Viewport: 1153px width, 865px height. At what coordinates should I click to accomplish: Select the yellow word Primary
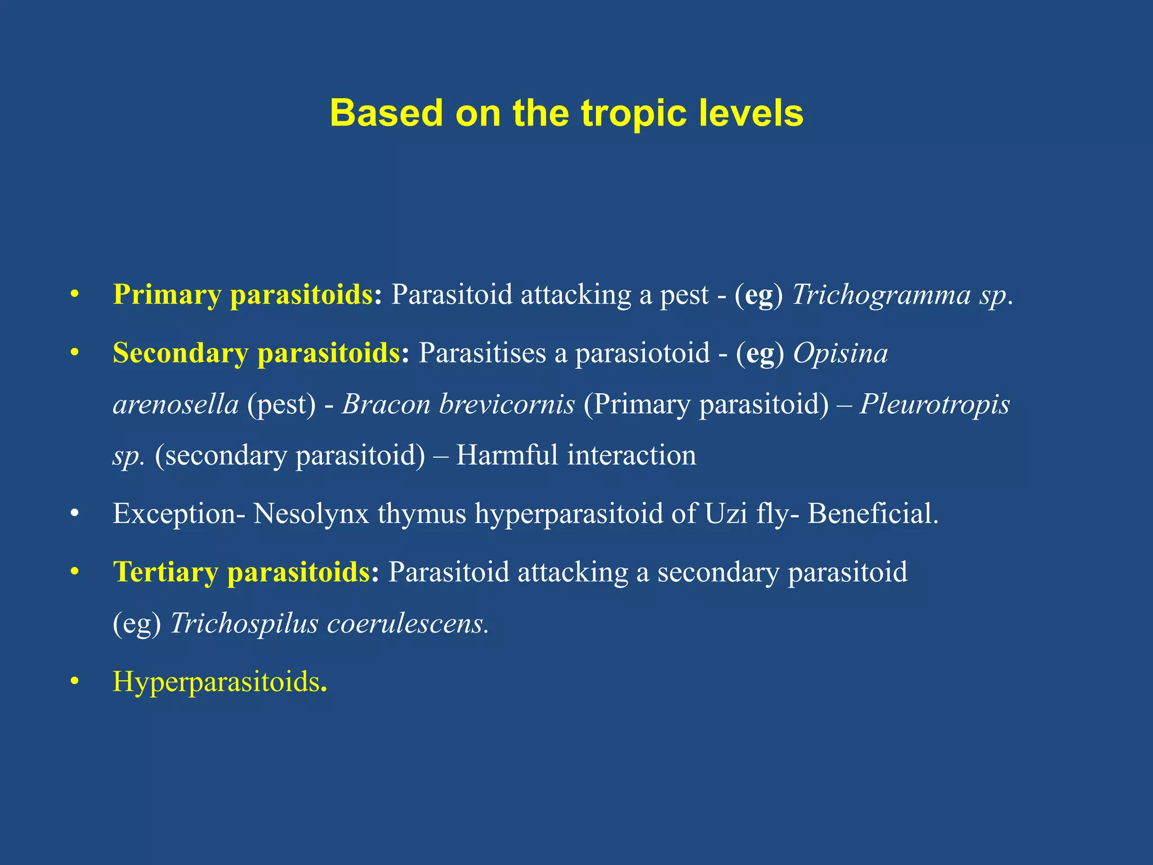pos(167,295)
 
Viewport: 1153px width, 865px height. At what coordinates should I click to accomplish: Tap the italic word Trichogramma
pos(882,295)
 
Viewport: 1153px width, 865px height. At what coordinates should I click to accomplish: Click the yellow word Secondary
pos(180,354)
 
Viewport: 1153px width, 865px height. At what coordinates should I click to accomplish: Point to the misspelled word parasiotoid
pos(642,354)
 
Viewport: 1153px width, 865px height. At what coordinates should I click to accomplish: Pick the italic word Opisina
pos(840,354)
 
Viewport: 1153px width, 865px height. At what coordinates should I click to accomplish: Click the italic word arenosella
pos(176,405)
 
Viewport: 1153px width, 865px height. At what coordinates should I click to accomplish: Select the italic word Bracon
pos(386,405)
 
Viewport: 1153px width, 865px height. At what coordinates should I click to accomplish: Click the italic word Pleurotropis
pos(935,405)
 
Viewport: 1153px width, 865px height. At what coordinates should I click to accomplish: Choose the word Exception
pos(175,514)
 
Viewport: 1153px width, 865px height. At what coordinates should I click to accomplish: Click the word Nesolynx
pos(311,514)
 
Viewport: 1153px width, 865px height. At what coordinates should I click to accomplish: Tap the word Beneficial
pos(872,514)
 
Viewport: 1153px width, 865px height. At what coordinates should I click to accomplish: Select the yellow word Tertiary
pos(166,573)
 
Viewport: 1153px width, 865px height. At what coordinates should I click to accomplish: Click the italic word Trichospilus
pos(244,623)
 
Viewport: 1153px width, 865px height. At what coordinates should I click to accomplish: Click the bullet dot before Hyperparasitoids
pos(74,683)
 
